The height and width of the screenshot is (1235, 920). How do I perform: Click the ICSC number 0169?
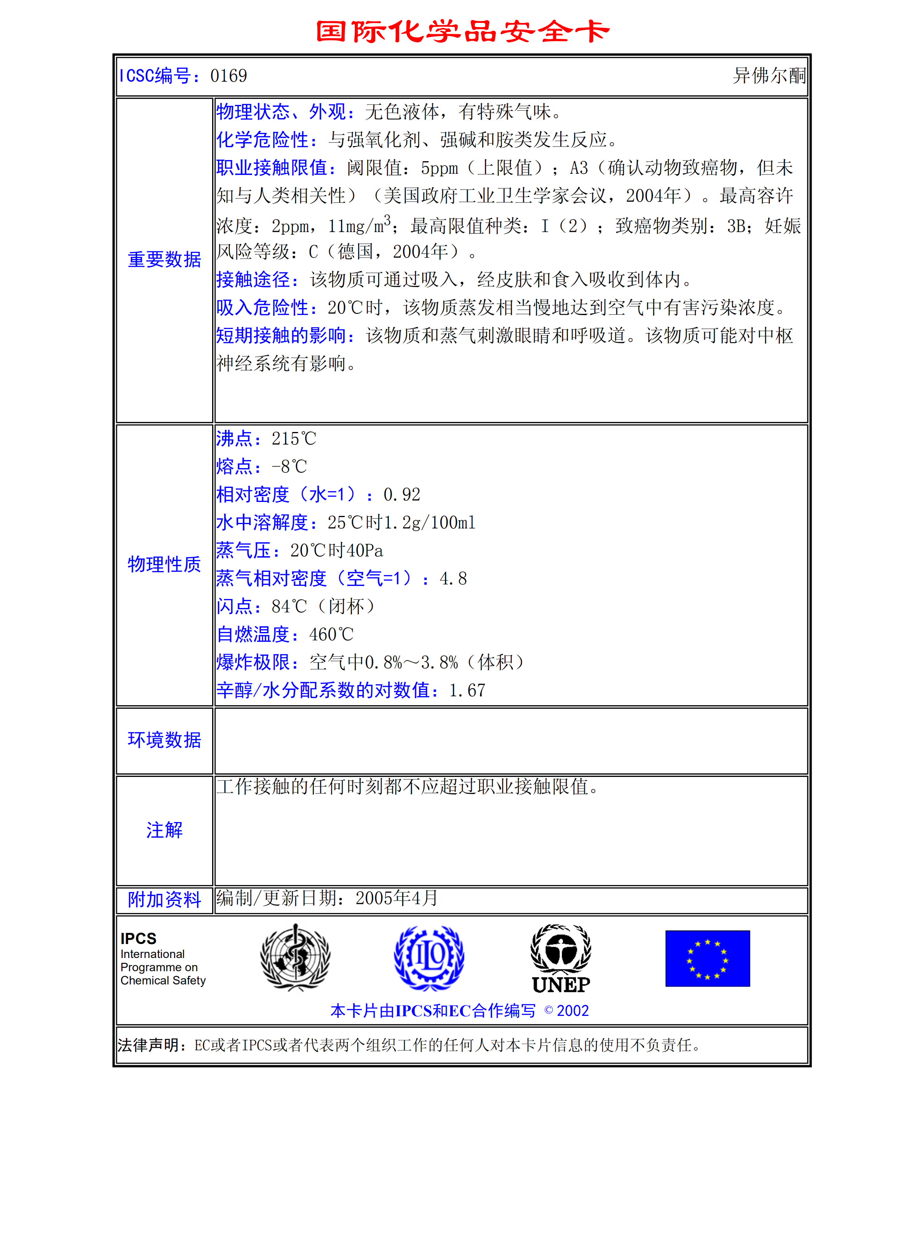point(228,76)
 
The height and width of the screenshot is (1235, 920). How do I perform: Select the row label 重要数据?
point(164,260)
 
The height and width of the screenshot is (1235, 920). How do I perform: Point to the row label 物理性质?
point(164,564)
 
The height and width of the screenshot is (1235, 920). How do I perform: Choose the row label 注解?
point(164,830)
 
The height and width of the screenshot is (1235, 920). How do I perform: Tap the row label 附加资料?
point(164,899)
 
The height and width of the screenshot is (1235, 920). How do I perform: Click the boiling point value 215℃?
point(293,439)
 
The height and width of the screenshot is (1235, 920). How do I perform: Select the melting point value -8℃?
point(289,467)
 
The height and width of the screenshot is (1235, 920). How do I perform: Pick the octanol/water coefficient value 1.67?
point(467,690)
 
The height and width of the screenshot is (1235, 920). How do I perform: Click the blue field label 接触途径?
point(253,280)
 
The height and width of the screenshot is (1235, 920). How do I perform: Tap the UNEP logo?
point(561,959)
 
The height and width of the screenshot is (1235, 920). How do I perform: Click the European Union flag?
point(707,958)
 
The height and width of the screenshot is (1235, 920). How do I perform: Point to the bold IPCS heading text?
point(138,939)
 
